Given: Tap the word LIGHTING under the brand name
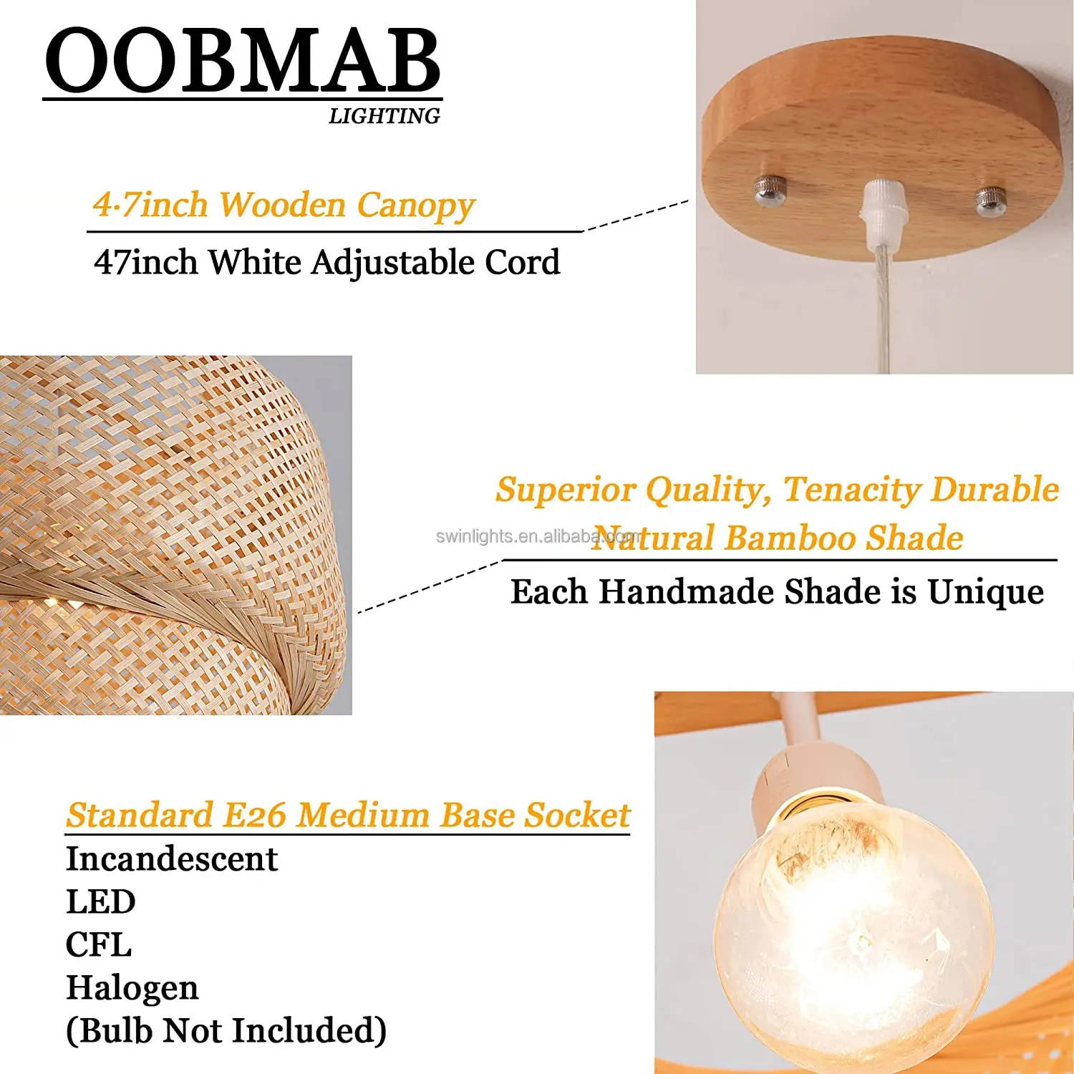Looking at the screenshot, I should [x=384, y=116].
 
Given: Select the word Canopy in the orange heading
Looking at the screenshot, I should [x=416, y=205].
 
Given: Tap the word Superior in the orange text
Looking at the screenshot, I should [x=566, y=490].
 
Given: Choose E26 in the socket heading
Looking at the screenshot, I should [x=254, y=816].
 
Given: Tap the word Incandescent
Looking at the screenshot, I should [x=171, y=859].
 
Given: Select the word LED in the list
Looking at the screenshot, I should [x=100, y=902].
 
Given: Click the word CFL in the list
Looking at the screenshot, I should [x=99, y=945].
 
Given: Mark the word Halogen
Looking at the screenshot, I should [x=132, y=988].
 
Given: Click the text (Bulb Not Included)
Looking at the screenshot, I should [x=226, y=1031].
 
